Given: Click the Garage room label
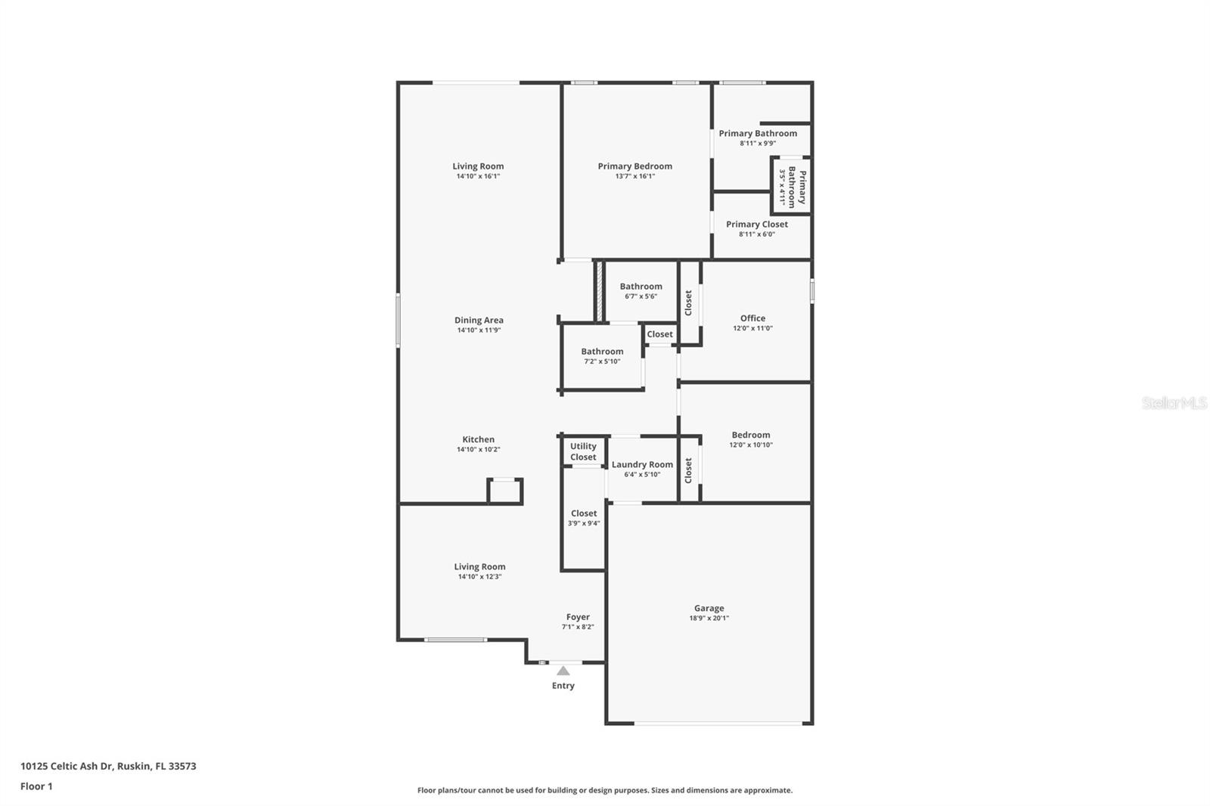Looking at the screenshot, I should [709, 608].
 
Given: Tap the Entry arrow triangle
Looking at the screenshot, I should [563, 671].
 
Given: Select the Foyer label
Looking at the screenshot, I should [578, 617].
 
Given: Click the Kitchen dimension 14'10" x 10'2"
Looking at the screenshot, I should [478, 449].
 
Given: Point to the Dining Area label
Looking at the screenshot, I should [479, 320].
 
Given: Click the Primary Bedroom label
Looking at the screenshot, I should [634, 166].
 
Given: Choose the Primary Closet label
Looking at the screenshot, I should [756, 225].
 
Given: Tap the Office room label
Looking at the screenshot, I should [752, 318].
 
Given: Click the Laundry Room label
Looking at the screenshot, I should [642, 465].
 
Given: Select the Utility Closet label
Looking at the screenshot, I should [583, 451].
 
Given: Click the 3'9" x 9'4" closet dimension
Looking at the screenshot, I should [584, 523].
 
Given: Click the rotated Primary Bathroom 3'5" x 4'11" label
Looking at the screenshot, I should [792, 187].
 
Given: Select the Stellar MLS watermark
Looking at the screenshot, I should [1174, 404].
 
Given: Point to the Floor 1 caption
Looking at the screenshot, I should [36, 786].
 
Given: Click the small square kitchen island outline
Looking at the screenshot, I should [504, 491].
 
